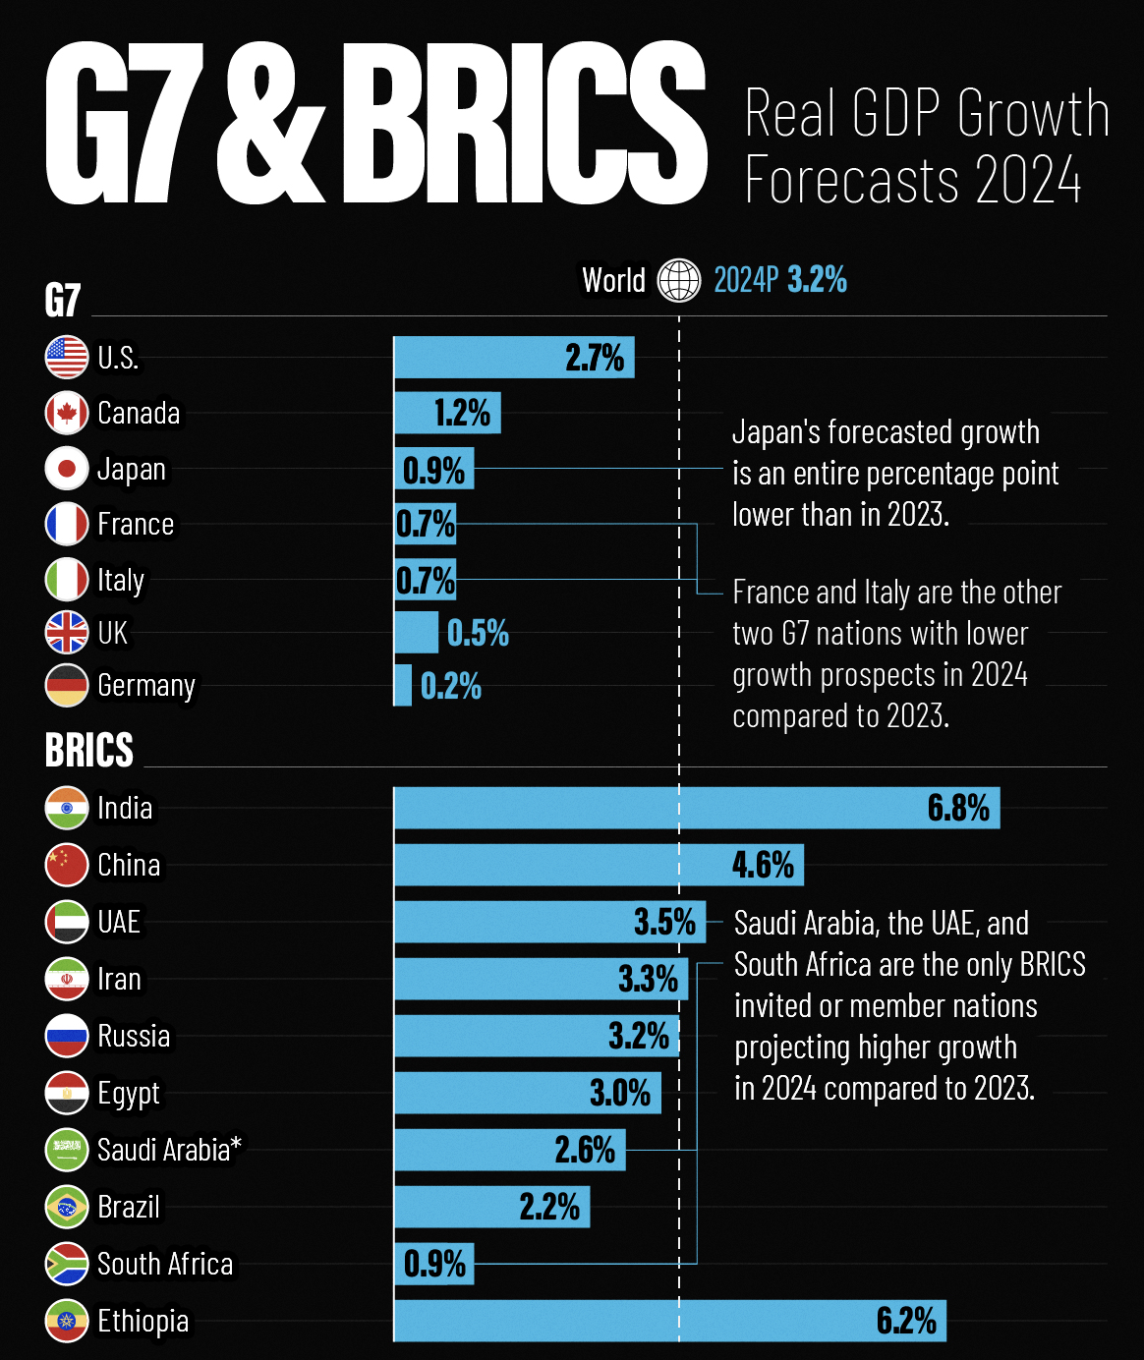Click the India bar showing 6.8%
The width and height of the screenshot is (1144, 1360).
click(x=696, y=808)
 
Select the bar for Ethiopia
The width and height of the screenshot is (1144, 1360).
click(x=668, y=1321)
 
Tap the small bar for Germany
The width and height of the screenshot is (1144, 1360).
click(x=403, y=685)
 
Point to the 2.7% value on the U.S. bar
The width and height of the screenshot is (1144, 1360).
click(x=595, y=358)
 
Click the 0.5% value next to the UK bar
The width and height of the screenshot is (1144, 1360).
click(x=478, y=634)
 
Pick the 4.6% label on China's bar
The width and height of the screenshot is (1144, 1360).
click(x=763, y=865)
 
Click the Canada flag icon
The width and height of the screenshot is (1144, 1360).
click(x=67, y=413)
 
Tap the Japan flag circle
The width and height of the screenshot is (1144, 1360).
click(x=67, y=469)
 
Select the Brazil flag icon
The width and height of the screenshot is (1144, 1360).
click(x=67, y=1207)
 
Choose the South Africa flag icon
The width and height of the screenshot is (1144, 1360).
click(x=67, y=1264)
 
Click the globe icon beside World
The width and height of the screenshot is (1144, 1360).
click(x=679, y=280)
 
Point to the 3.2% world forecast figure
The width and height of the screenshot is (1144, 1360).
click(x=818, y=280)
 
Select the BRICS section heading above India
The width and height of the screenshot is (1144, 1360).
click(x=89, y=751)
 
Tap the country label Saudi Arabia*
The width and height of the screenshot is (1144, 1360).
click(x=169, y=1150)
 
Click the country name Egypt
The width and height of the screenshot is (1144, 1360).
click(x=129, y=1094)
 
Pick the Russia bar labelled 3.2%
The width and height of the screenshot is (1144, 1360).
click(x=536, y=1036)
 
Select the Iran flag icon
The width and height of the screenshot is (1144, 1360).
click(x=67, y=979)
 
